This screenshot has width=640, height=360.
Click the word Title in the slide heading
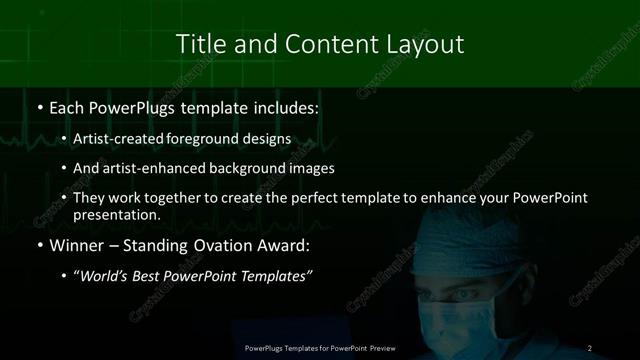coord(199,44)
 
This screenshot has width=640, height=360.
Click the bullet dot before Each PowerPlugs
coord(39,107)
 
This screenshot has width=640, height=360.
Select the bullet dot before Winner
coord(39,246)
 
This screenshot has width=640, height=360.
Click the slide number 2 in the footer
coord(590,348)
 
